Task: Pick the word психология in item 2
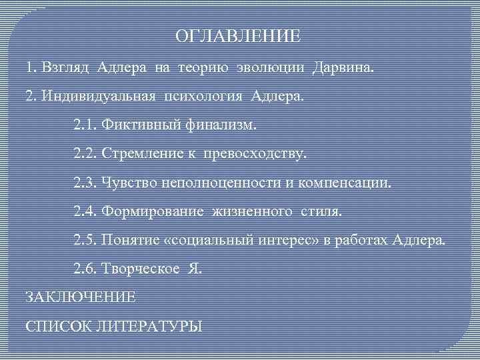(205, 96)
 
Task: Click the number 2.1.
(85, 125)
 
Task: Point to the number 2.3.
(85, 182)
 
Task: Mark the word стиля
(319, 211)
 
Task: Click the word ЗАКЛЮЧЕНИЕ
(80, 297)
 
